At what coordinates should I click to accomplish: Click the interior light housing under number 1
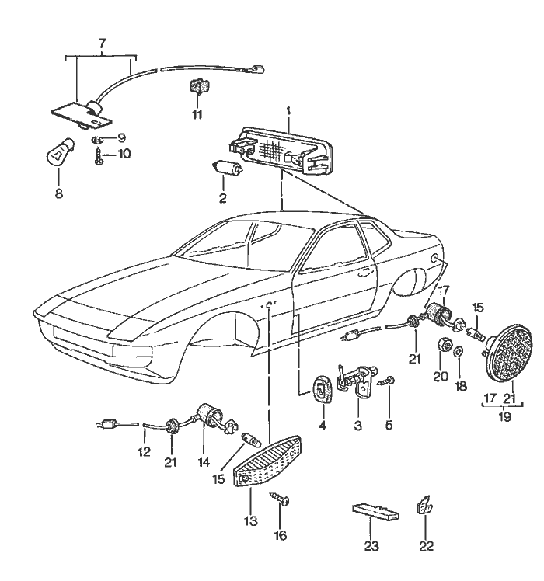tap(284, 151)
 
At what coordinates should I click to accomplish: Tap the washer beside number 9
tap(98, 138)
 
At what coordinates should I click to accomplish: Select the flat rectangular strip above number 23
tap(376, 512)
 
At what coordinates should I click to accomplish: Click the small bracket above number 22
tap(425, 505)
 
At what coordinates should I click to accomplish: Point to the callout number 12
tap(142, 451)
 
